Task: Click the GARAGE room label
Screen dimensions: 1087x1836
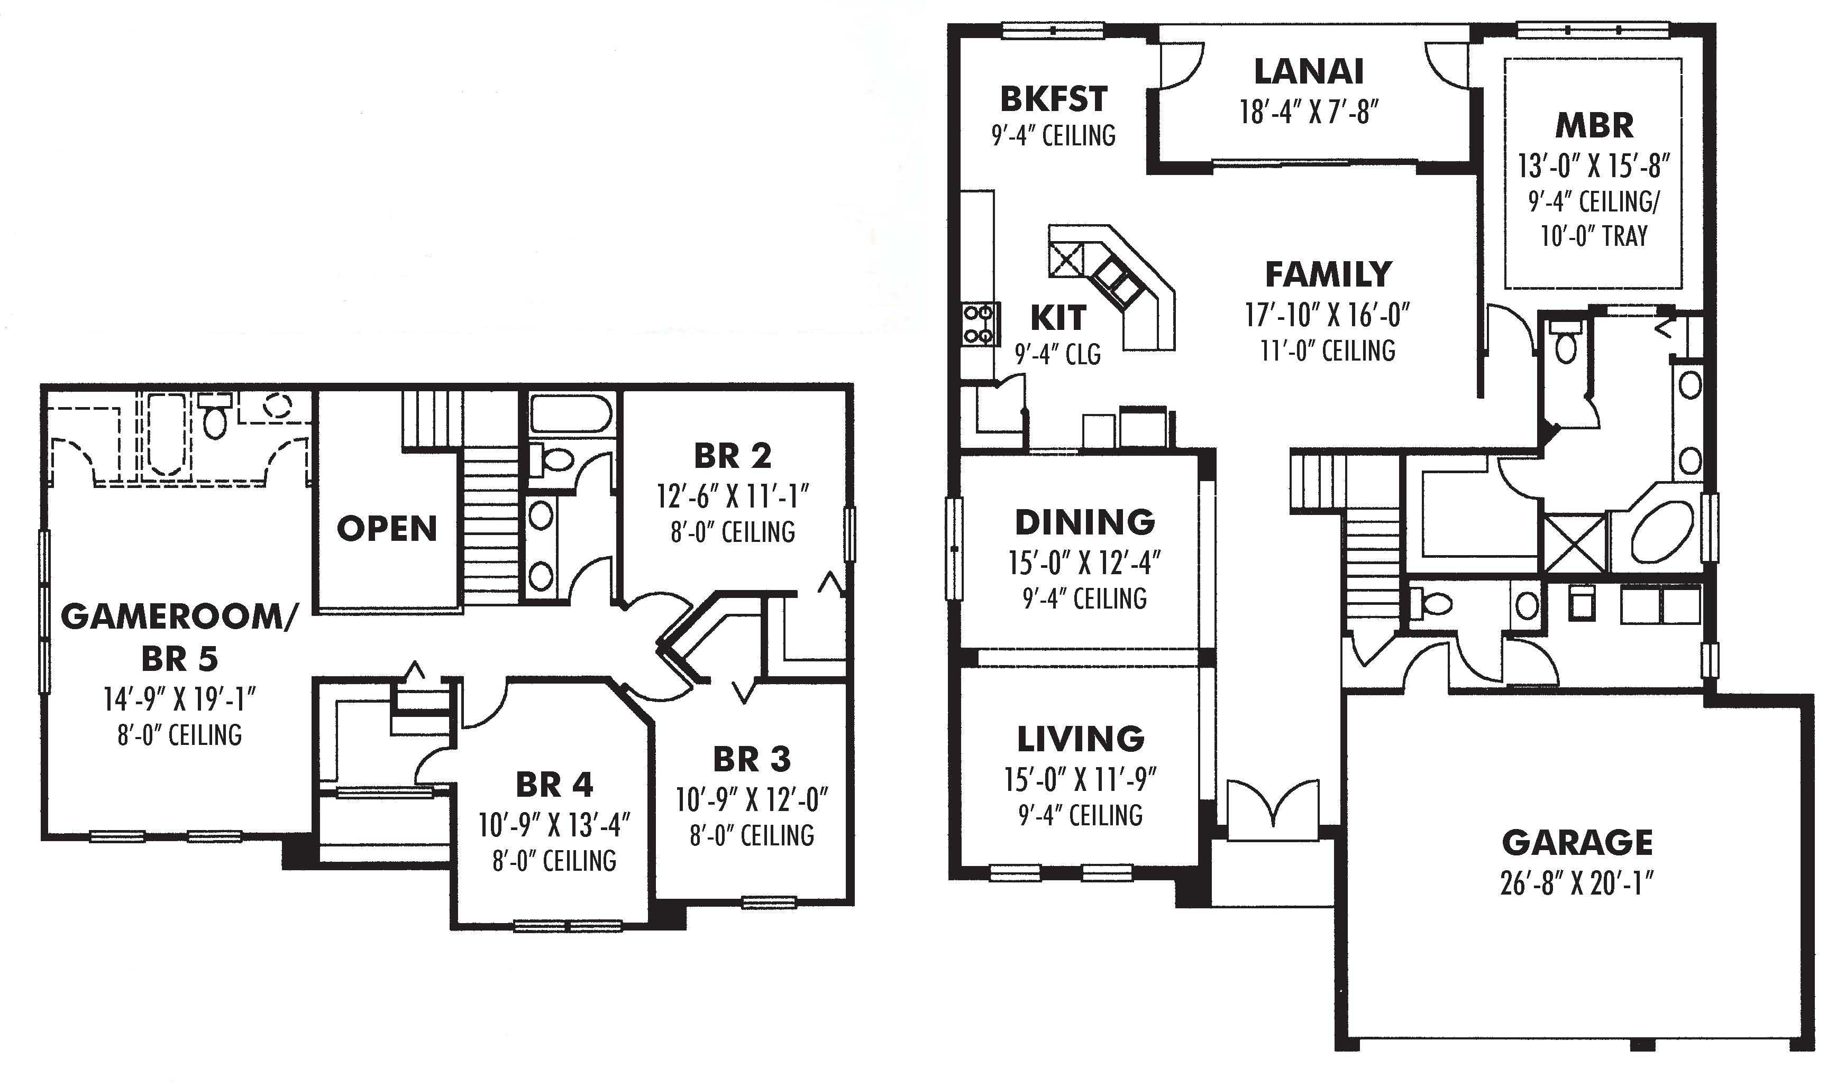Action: [x=1577, y=843]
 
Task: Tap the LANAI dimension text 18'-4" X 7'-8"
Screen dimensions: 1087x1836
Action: [x=1309, y=113]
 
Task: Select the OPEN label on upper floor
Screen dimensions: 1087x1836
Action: [x=387, y=529]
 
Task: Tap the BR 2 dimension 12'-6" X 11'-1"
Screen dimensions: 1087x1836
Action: [x=733, y=496]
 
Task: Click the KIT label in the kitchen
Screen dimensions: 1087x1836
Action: [x=1057, y=318]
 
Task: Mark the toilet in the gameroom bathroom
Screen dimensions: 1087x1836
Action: [x=215, y=418]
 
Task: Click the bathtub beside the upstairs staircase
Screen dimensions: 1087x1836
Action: [x=570, y=414]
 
